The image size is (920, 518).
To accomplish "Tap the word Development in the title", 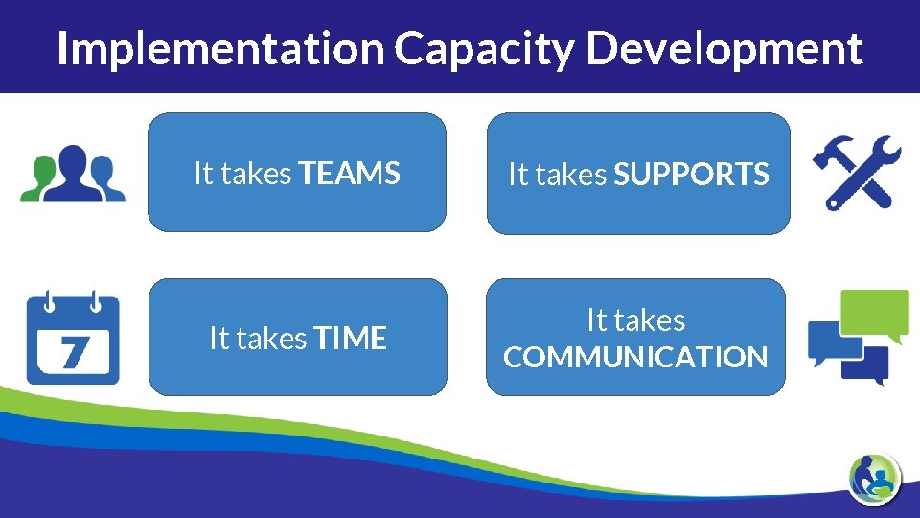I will [x=724, y=48].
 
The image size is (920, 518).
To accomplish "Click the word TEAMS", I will [x=350, y=174].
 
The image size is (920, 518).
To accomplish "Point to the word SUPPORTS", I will [x=691, y=175].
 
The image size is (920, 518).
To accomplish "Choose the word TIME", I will [x=350, y=339].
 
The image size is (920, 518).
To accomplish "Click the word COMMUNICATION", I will [x=635, y=358].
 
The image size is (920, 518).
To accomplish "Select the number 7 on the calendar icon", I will [x=72, y=351].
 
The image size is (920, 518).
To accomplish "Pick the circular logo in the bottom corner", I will [x=874, y=476].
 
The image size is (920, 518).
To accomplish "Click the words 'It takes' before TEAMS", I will [x=243, y=174].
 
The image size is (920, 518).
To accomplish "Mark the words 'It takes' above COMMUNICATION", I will [x=635, y=319].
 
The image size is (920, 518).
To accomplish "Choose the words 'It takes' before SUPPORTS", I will [x=558, y=175].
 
